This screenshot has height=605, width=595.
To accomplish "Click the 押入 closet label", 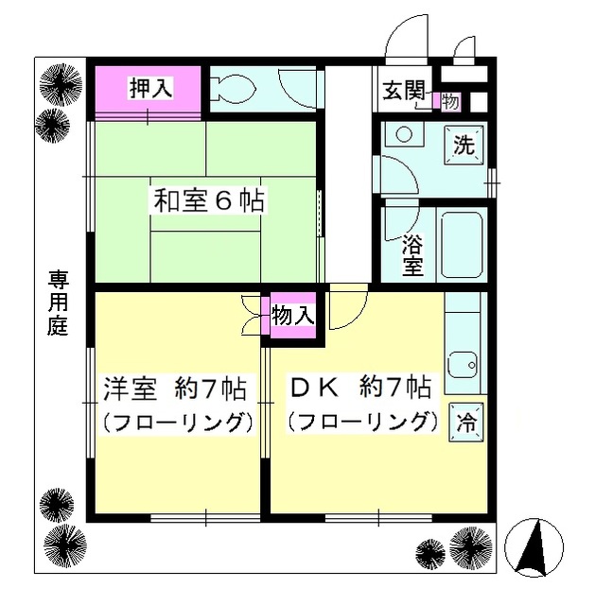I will pos(150,89).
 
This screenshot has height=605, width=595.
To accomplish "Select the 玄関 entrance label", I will pos(403,91).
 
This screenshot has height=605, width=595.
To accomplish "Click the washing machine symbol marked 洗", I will pos(464,146).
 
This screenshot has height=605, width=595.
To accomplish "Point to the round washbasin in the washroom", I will pos(405,135).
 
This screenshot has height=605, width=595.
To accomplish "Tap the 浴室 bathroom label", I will pos(412,253).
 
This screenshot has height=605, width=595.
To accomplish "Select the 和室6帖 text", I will pos(209,200).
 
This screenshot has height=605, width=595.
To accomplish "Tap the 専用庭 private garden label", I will pos(60,303).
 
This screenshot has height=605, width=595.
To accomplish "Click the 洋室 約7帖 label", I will pos(175,387).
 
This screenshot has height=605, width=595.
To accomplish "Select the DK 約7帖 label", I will pos(359,387).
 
